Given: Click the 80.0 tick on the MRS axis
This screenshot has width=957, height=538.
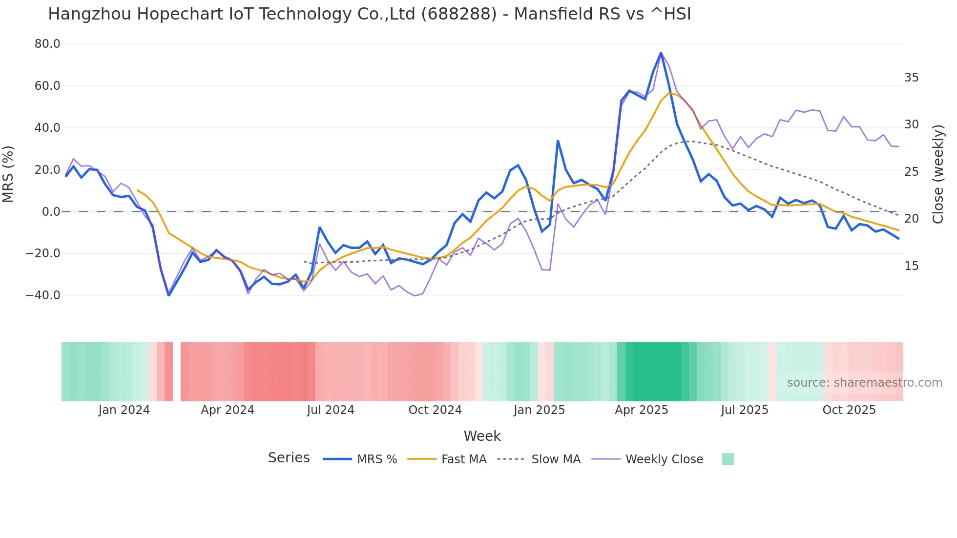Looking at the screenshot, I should tap(47, 44).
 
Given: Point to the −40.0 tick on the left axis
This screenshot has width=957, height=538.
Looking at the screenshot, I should tap(43, 295).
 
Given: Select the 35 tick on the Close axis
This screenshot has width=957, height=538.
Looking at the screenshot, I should tap(911, 78).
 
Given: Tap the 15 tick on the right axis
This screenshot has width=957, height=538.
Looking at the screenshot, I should tap(911, 266).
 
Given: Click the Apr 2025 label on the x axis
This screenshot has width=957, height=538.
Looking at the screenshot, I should tap(641, 410).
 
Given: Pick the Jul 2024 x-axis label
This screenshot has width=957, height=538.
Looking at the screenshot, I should tap(331, 410).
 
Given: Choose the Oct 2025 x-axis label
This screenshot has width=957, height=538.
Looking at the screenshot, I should tap(849, 410).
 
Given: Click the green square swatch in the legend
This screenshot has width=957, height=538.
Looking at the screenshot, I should tap(728, 459).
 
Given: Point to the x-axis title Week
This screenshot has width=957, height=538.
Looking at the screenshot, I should tap(482, 436).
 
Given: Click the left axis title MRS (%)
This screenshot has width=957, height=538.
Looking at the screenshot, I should tap(8, 174).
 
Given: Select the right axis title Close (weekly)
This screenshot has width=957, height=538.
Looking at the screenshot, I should tap(938, 174).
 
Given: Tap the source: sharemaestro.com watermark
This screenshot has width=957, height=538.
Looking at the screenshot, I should tap(864, 383).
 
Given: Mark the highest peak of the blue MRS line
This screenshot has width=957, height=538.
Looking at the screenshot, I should tap(661, 53).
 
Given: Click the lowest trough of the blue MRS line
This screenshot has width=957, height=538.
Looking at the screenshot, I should tap(169, 295).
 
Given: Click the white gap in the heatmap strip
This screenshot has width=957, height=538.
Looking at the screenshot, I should tap(177, 372).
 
